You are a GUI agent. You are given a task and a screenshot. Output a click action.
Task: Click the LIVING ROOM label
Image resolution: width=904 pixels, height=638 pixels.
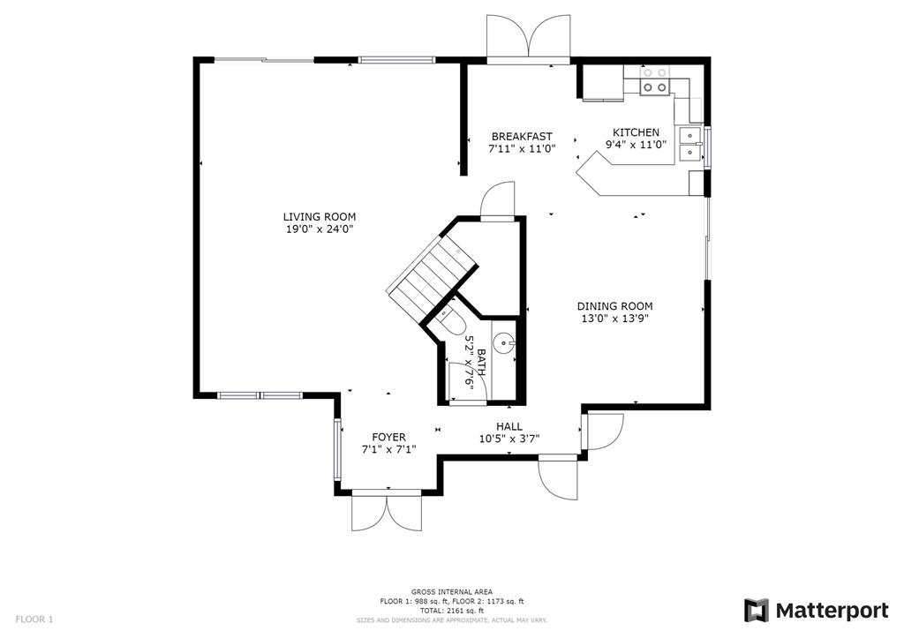[x=319, y=217]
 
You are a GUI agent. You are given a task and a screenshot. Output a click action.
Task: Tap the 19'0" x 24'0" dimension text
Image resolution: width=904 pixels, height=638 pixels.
[x=319, y=229]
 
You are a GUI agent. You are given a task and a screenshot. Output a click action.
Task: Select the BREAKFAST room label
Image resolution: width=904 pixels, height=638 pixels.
[x=522, y=137]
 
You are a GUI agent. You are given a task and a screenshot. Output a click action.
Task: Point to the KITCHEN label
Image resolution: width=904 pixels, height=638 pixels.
[x=636, y=132]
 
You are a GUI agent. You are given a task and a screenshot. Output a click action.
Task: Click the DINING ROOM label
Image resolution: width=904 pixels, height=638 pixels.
[x=615, y=306]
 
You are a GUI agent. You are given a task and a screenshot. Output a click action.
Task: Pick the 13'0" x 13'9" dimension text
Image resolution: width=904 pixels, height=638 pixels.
[x=615, y=319]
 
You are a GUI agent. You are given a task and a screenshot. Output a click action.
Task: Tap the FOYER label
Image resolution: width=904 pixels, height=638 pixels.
[x=388, y=438]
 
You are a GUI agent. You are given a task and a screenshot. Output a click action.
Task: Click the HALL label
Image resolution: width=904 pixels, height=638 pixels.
[x=509, y=426]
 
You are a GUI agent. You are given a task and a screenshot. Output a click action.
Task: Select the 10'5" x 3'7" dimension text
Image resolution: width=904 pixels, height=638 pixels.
[x=509, y=439]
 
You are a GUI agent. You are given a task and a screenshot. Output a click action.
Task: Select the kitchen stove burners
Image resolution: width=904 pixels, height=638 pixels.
[x=654, y=80]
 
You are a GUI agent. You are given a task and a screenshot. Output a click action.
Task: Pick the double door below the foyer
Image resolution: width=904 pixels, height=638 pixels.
[x=387, y=512]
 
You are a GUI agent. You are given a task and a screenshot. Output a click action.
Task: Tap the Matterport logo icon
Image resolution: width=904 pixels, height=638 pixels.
[x=757, y=611]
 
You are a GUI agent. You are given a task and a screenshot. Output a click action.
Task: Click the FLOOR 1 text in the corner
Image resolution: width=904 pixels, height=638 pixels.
[x=34, y=619]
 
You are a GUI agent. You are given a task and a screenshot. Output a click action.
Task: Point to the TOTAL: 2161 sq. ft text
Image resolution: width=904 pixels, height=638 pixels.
[x=451, y=611]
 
